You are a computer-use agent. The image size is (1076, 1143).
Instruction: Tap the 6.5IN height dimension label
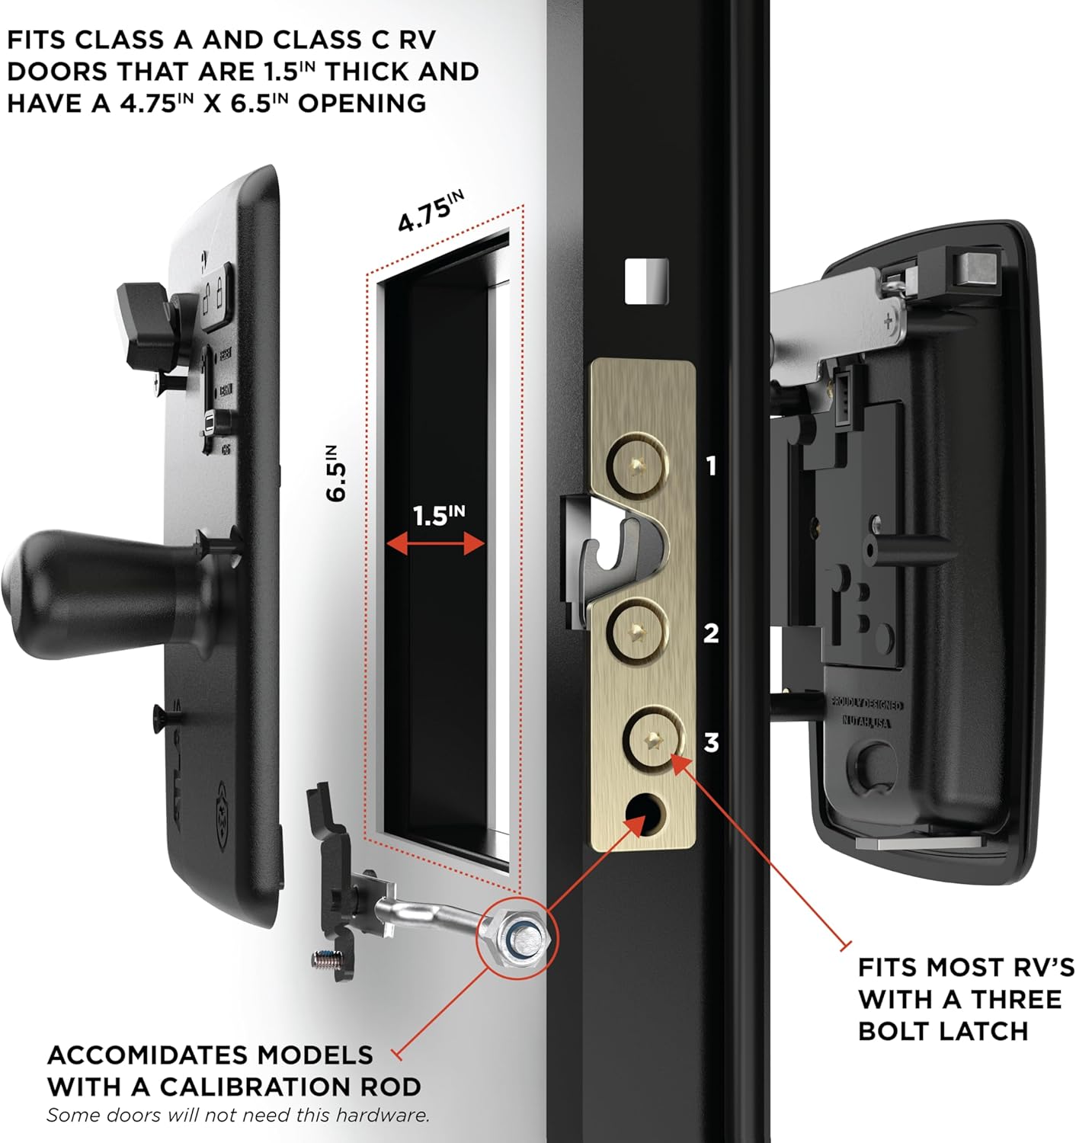[336, 472]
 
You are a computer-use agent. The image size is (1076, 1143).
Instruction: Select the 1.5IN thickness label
[438, 516]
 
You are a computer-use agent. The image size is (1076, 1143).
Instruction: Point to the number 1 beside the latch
[711, 466]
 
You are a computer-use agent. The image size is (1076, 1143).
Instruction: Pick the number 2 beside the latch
[711, 632]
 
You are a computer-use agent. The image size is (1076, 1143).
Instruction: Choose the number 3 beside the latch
[711, 741]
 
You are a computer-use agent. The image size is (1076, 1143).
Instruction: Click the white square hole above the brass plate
[646, 281]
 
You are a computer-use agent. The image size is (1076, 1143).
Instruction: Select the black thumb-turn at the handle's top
[145, 320]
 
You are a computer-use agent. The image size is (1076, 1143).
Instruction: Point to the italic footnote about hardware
[239, 1116]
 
